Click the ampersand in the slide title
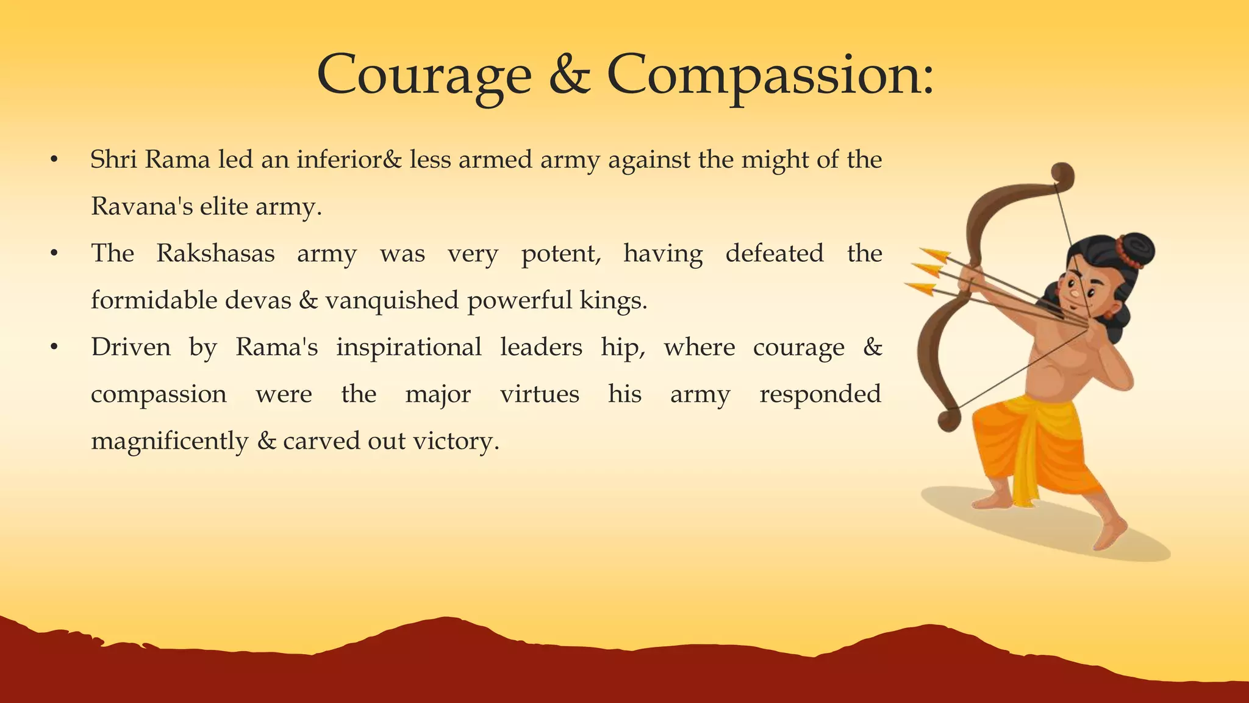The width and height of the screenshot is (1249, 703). [x=569, y=76]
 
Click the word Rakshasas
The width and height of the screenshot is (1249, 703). [x=215, y=253]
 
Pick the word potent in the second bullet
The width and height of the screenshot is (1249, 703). [x=560, y=254]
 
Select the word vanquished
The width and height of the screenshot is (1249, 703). [x=392, y=301]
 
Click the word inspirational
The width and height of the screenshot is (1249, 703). [x=409, y=347]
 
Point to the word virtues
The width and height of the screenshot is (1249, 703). [x=539, y=394]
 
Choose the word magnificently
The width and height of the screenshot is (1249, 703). [x=170, y=441]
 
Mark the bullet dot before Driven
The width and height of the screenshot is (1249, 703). [x=54, y=347]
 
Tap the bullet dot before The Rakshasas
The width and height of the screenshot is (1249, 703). [x=54, y=253]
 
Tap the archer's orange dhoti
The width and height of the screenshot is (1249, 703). [x=1031, y=445]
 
